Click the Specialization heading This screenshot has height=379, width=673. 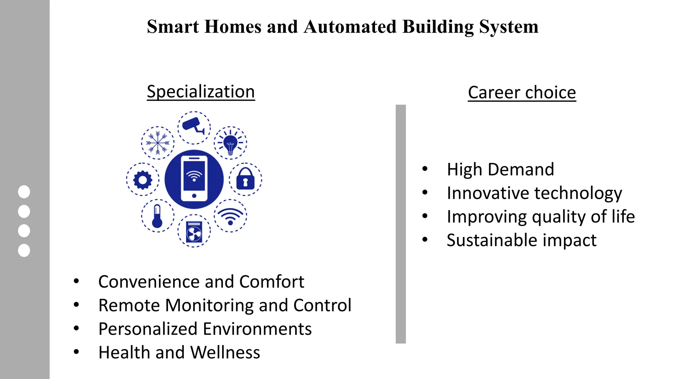(201, 91)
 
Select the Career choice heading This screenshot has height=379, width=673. (522, 92)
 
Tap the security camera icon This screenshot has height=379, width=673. (194, 127)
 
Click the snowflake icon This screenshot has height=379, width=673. (158, 143)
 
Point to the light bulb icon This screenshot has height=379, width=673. (230, 143)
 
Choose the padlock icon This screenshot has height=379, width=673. (245, 179)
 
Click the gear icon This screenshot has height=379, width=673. (143, 180)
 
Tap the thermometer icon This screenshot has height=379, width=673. (157, 216)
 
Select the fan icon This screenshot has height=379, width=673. (194, 232)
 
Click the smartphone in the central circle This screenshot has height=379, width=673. (194, 179)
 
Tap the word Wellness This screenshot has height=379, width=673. (225, 352)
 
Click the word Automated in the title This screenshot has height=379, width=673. (350, 27)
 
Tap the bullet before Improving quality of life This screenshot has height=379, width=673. (425, 216)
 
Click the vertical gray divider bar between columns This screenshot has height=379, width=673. (401, 224)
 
